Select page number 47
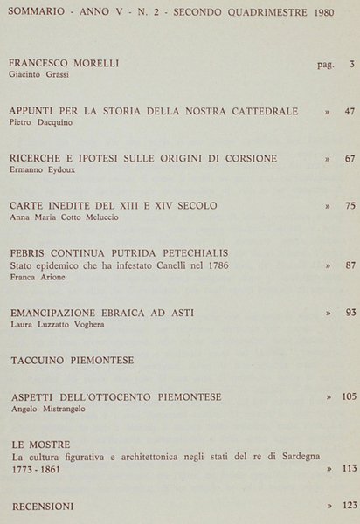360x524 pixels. pyautogui.click(x=349, y=113)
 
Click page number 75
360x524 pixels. pyautogui.click(x=349, y=206)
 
